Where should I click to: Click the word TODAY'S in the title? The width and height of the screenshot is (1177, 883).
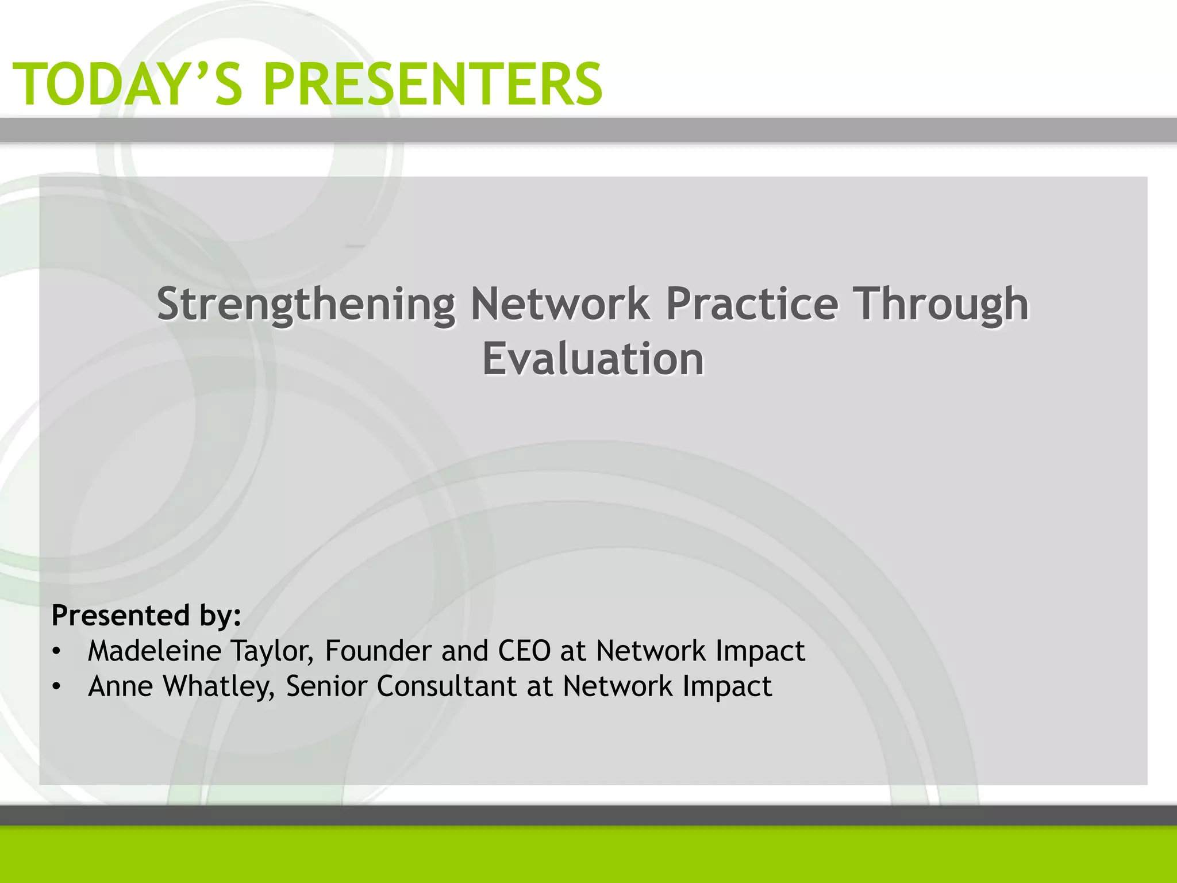coord(128,85)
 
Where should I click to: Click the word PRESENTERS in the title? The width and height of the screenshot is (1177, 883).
coord(433,85)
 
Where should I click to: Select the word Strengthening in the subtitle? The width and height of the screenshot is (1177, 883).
coord(306,305)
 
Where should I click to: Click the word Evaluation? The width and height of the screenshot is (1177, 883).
coord(593,359)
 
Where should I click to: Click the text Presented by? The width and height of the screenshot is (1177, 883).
coord(147,616)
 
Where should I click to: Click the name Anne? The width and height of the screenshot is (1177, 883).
coord(120,686)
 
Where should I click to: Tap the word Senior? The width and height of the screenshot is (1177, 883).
coord(326,686)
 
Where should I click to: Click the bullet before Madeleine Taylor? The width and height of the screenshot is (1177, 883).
coord(56,652)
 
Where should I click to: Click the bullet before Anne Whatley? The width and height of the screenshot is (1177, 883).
coord(56,687)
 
